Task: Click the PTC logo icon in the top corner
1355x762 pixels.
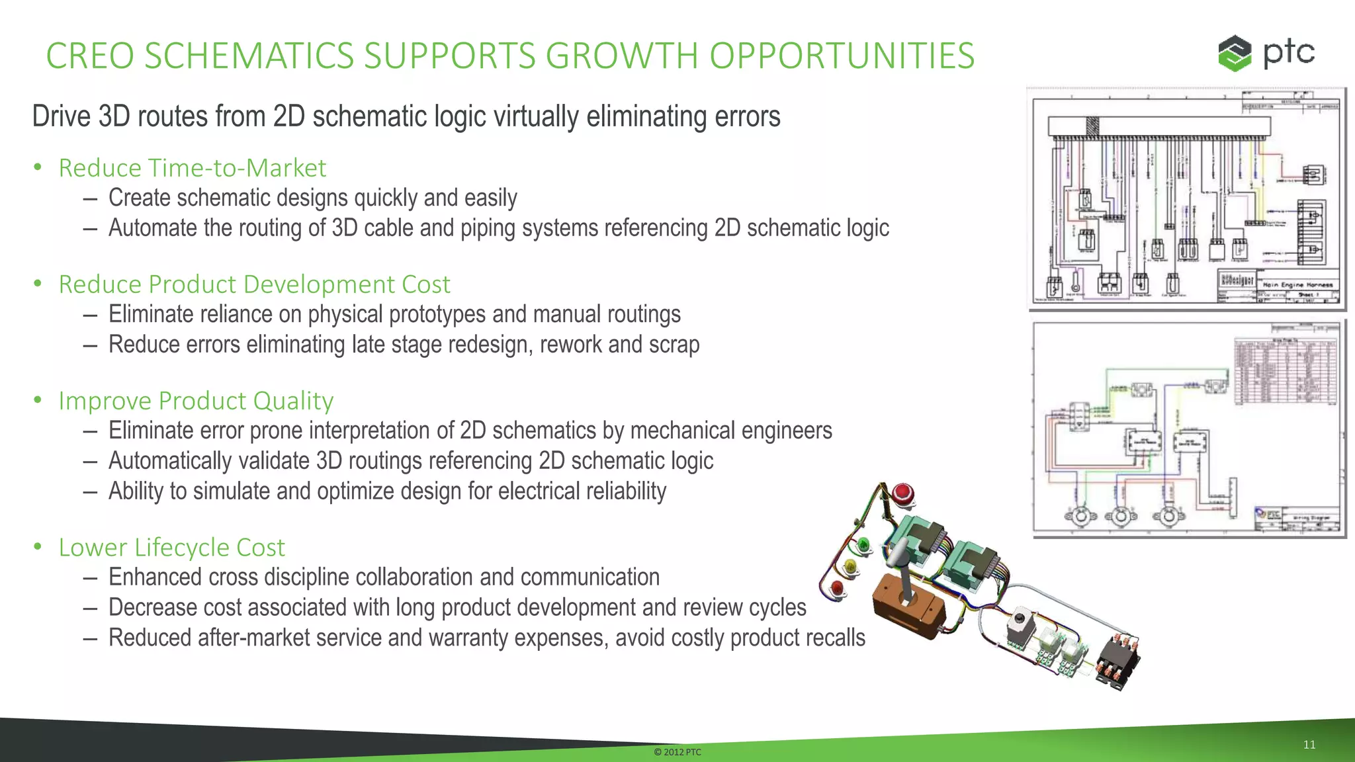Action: (1235, 54)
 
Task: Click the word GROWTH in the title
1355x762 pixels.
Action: (621, 56)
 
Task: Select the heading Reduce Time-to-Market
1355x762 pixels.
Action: (192, 168)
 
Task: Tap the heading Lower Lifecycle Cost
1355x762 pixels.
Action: (171, 548)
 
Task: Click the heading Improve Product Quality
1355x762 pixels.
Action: (196, 401)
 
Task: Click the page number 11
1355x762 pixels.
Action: (1309, 745)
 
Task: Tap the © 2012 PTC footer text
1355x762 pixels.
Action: (677, 752)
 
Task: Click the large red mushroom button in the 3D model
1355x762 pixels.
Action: (902, 493)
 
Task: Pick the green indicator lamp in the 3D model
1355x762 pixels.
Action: (863, 545)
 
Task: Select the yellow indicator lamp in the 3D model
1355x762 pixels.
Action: (850, 566)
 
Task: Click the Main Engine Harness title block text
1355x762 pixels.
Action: (1297, 284)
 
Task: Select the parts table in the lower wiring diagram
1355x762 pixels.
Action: (1286, 371)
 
